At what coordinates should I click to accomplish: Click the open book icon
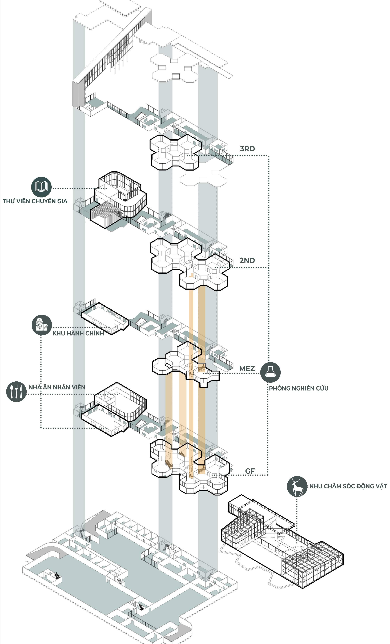coord(41,187)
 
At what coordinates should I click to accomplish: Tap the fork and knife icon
coord(16,392)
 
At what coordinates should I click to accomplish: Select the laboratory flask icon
coord(270,372)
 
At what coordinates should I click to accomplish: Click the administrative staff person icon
coord(42,325)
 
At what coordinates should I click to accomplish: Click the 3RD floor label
coord(247,149)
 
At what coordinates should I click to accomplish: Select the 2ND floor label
coord(247,260)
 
